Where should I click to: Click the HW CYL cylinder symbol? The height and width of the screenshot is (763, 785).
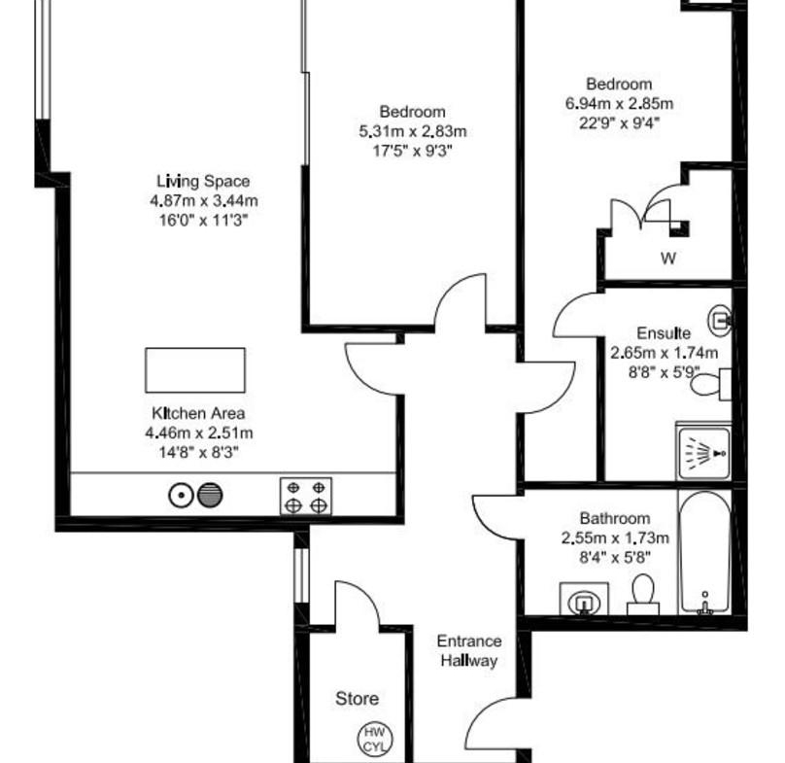(x=375, y=739)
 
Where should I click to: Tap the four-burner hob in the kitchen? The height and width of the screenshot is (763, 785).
(x=306, y=496)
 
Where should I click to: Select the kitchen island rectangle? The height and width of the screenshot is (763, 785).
(x=195, y=370)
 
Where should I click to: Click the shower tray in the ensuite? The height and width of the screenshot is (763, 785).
(x=703, y=453)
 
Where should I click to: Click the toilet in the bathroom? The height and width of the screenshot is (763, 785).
(x=643, y=594)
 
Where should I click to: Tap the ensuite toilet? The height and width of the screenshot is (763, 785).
(x=711, y=384)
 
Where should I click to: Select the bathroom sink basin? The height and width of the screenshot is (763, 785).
(x=584, y=599)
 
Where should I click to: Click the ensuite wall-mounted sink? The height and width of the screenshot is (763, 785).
(x=720, y=319)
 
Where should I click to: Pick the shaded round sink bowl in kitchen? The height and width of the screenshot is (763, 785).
(x=210, y=496)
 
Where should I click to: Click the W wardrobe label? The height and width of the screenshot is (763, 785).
(x=668, y=259)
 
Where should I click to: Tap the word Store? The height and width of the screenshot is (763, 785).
(x=357, y=699)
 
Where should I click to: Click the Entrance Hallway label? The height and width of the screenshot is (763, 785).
(x=469, y=651)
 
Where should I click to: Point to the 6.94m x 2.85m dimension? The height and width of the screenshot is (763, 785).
(x=619, y=104)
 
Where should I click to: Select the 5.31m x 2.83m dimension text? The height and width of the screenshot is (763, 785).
(x=413, y=131)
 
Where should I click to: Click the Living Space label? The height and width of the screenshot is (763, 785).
(x=203, y=181)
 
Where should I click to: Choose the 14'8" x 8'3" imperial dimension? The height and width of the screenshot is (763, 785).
(x=198, y=452)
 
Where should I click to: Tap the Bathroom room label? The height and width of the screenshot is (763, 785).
(x=615, y=518)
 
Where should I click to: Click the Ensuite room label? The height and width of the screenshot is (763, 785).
(x=664, y=333)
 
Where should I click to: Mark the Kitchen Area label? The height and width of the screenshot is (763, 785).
(x=198, y=413)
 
